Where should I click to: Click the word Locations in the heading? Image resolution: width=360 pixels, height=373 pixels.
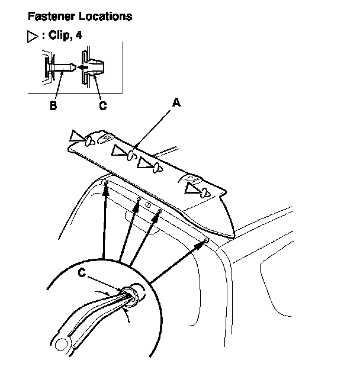coord(105,17)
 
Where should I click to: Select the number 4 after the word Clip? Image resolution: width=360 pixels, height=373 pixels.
coord(79,36)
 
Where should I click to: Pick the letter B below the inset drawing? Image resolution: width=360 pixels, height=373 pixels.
coord(54,105)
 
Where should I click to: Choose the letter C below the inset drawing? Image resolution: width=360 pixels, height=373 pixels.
coord(102,105)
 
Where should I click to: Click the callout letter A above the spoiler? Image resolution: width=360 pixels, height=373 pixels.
coord(176,102)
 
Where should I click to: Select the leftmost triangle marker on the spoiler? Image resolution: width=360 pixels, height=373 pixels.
coord(78,137)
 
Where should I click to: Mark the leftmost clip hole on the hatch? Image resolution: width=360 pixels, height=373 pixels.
coord(105,184)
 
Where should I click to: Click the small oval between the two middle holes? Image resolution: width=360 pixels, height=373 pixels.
coord(149,205)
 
